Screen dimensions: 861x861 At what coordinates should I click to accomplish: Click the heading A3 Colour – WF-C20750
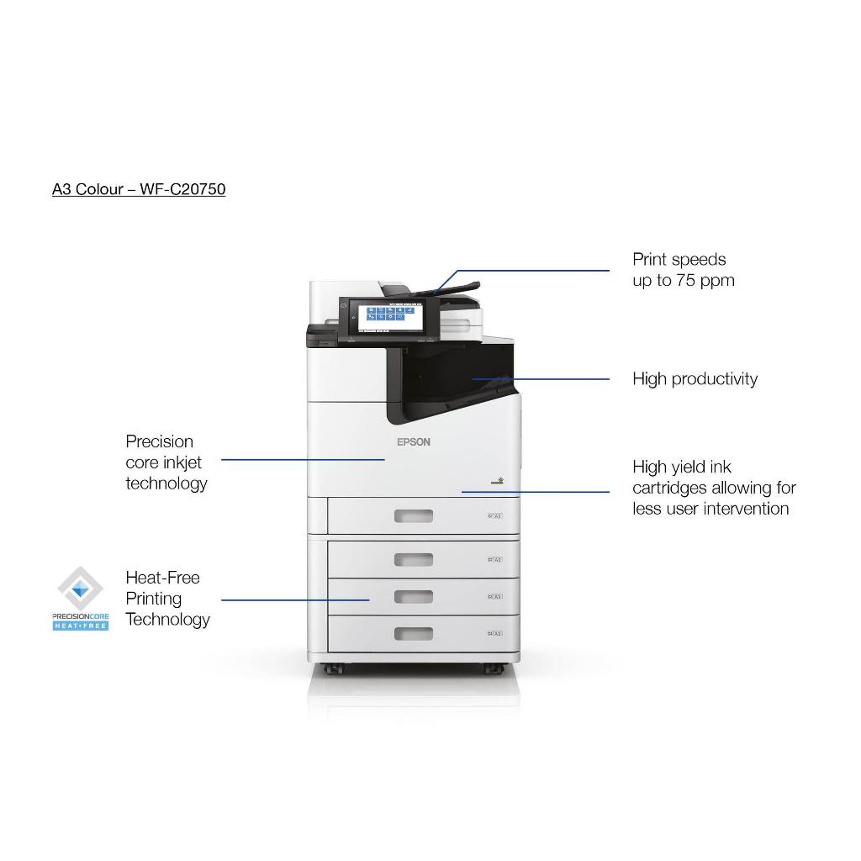(x=139, y=189)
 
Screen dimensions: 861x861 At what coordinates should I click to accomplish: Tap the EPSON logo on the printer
(x=413, y=442)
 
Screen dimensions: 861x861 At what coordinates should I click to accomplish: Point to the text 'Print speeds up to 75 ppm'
(x=683, y=270)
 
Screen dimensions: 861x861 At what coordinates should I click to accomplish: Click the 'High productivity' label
(x=695, y=379)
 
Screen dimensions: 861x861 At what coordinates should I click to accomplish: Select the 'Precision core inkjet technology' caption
(x=166, y=462)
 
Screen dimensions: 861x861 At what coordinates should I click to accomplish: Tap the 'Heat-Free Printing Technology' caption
(x=167, y=599)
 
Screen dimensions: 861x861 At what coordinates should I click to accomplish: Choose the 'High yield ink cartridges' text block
(x=714, y=488)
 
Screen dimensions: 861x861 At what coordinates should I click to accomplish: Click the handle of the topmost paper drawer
(x=414, y=515)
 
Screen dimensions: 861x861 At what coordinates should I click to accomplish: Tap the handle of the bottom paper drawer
(x=414, y=633)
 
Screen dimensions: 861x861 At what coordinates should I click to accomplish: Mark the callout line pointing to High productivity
(x=542, y=379)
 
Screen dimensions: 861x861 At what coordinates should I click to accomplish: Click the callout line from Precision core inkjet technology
(x=303, y=460)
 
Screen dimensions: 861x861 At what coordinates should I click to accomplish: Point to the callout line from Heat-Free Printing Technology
(x=294, y=600)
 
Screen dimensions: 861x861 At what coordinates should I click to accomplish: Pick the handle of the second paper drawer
(x=414, y=559)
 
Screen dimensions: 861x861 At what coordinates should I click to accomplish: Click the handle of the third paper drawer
(x=414, y=596)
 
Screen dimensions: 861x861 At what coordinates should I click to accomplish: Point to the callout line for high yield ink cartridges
(x=536, y=492)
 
